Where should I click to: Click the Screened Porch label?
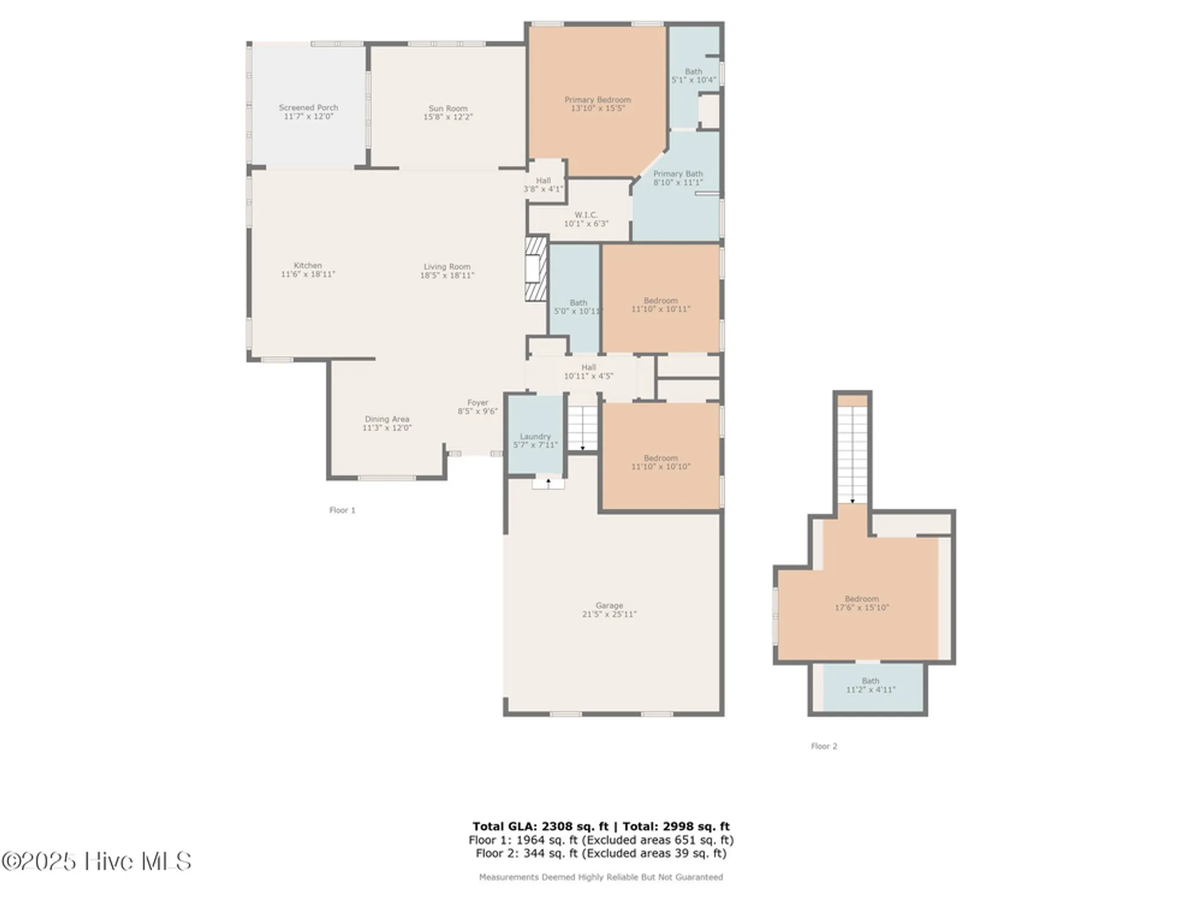[x=308, y=108]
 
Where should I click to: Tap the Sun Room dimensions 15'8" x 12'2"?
[x=448, y=117]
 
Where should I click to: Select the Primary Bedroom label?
[x=597, y=100]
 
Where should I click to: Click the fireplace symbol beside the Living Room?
[x=536, y=269]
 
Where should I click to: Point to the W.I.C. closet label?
[x=585, y=215]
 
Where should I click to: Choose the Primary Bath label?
[x=678, y=174]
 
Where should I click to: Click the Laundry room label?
[x=535, y=437]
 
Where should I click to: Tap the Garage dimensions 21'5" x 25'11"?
[x=609, y=615]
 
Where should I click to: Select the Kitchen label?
[x=308, y=265]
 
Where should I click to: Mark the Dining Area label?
[x=386, y=419]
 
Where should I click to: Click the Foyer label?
[x=478, y=403]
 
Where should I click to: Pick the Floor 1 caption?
[x=342, y=511]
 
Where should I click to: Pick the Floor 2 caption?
[x=823, y=746]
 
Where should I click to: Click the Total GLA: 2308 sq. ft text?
[x=540, y=826]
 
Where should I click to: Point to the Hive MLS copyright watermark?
[x=96, y=861]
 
